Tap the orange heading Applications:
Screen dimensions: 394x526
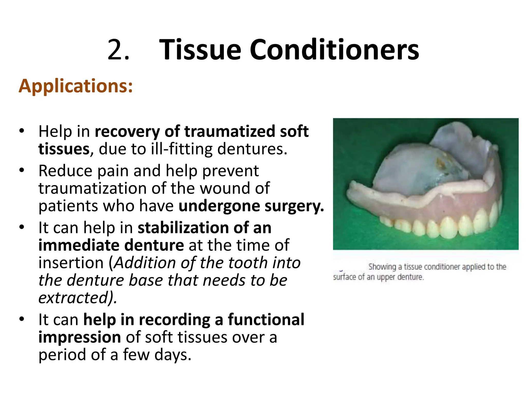76,86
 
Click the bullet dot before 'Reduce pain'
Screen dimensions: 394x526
22,170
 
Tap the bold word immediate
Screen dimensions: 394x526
79,245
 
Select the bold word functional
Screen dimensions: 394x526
266,320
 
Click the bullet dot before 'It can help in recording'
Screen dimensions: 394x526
22,319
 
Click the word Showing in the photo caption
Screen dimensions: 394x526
382,267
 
